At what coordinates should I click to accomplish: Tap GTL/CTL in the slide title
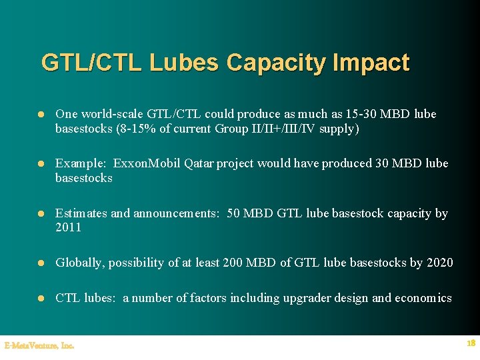pos(92,63)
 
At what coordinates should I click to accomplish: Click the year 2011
pos(68,228)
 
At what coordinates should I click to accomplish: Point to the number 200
pos(232,263)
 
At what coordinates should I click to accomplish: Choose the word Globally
pos(80,263)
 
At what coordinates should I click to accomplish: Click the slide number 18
pos(471,343)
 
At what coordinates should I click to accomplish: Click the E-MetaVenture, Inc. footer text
pos(39,345)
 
